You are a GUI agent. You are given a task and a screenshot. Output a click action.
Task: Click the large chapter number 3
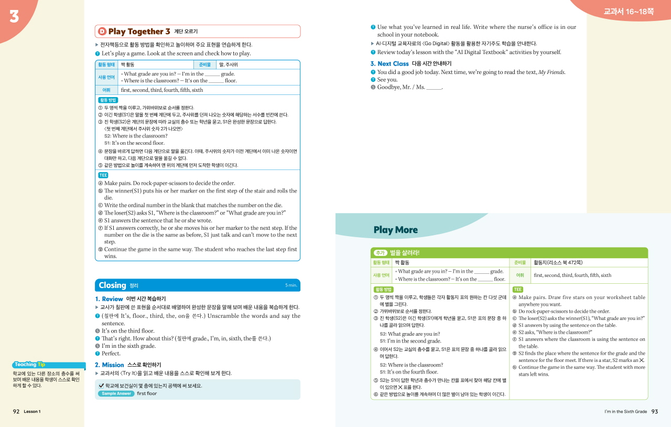pyautogui.click(x=14, y=17)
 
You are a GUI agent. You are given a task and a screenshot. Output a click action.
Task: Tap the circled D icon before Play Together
pyautogui.click(x=102, y=31)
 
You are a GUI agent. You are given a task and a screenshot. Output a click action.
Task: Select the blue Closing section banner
pyautogui.click(x=197, y=285)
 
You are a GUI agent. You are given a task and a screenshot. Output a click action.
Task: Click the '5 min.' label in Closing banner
pyautogui.click(x=291, y=285)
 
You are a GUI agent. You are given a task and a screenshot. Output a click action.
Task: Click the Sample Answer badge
pyautogui.click(x=116, y=393)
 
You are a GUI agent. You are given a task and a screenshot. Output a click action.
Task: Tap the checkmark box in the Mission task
pyautogui.click(x=101, y=386)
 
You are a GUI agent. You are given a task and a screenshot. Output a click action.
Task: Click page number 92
pyautogui.click(x=16, y=412)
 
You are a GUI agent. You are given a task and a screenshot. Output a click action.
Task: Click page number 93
pyautogui.click(x=654, y=412)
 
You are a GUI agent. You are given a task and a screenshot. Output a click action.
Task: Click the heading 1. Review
pyautogui.click(x=109, y=299)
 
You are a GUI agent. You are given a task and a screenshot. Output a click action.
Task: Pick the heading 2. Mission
pyautogui.click(x=109, y=365)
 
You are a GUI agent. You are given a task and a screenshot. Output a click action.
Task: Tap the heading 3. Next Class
pyautogui.click(x=389, y=64)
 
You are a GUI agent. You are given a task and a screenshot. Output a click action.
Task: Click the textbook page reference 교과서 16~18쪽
pyautogui.click(x=628, y=12)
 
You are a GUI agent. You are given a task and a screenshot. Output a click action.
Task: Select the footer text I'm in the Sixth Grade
pyautogui.click(x=625, y=412)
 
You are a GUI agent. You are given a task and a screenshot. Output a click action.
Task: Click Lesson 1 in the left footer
pyautogui.click(x=32, y=412)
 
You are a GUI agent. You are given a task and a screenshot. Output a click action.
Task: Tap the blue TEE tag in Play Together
pyautogui.click(x=103, y=175)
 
